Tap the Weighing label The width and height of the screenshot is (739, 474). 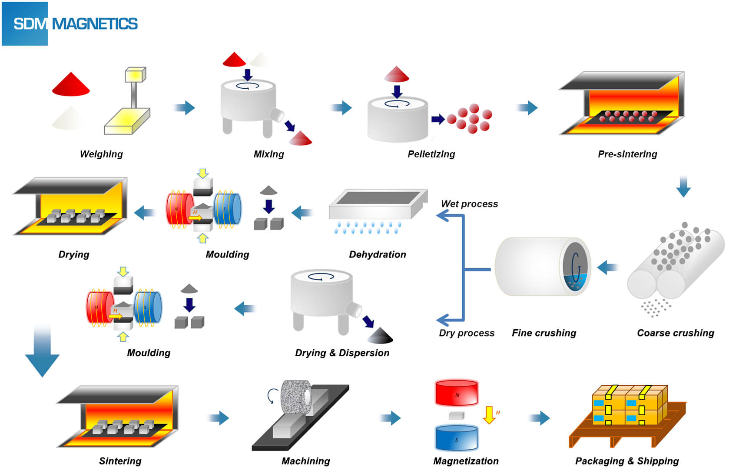[x=101, y=154]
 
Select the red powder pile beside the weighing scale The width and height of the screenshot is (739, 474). [x=71, y=85]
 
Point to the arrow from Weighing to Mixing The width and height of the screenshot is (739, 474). [x=185, y=107]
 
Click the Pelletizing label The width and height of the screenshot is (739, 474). [x=431, y=154]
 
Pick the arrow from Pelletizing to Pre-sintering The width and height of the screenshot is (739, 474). [x=527, y=107]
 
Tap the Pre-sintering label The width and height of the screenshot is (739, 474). [x=627, y=154]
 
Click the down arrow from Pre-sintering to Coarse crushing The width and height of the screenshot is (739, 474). [x=683, y=187]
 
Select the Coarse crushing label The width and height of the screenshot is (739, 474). [x=676, y=333]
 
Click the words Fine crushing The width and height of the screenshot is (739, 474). [x=544, y=333]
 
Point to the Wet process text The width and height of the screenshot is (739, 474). [x=469, y=204]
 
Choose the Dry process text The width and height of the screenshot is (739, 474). [x=467, y=333]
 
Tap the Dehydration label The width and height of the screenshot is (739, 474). [x=378, y=254]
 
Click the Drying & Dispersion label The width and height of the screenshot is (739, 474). [x=342, y=353]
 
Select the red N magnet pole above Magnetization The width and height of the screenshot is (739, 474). [x=456, y=393]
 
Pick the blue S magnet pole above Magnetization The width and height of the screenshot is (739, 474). [x=456, y=438]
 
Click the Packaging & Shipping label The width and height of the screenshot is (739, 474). [x=627, y=461]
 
